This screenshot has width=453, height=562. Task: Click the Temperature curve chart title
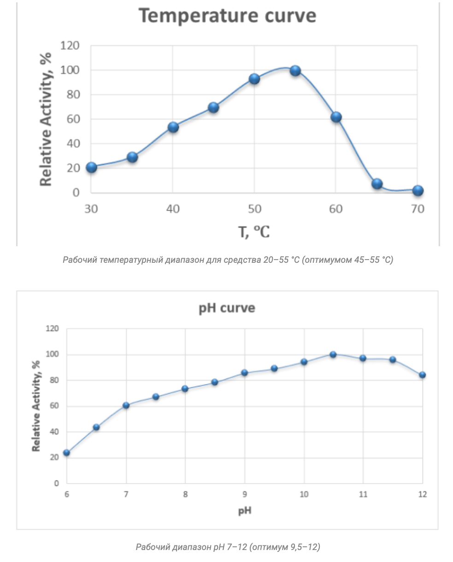click(x=228, y=16)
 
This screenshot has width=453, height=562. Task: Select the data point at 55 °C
click(x=295, y=71)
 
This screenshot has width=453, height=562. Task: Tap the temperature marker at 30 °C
click(x=91, y=167)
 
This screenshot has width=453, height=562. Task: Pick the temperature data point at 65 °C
click(x=377, y=183)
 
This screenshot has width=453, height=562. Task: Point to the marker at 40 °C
click(x=173, y=127)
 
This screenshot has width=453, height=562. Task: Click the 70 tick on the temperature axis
click(x=417, y=209)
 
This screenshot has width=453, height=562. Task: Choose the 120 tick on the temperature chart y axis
click(x=70, y=46)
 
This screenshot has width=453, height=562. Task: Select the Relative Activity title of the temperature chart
click(x=45, y=119)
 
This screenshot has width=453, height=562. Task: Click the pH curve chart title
click(x=227, y=308)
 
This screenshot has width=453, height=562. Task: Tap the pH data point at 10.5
click(x=333, y=355)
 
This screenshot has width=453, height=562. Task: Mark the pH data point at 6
click(x=67, y=453)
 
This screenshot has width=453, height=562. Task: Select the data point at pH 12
click(x=422, y=375)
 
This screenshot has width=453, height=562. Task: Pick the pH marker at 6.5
click(x=96, y=427)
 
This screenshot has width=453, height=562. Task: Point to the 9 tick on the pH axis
click(x=245, y=495)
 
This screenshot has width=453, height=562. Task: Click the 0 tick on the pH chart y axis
click(x=57, y=484)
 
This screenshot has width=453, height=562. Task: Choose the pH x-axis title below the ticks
click(x=244, y=510)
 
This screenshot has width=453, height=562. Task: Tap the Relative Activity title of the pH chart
click(x=36, y=406)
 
